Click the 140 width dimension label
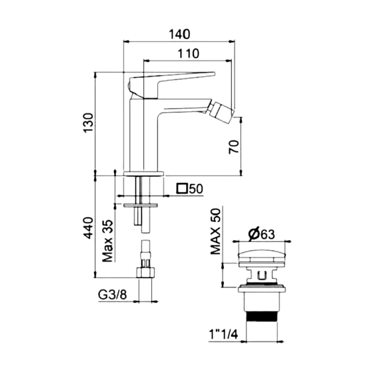(179, 33)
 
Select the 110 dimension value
(189, 53)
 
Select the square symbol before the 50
(181, 189)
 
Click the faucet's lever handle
(175, 78)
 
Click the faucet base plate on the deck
(142, 174)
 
